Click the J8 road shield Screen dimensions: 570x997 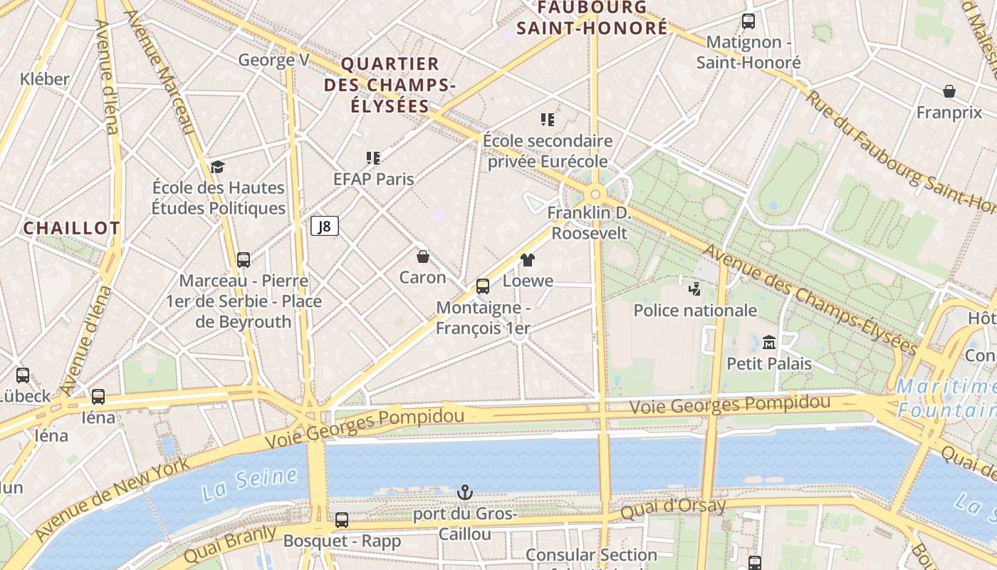(324, 227)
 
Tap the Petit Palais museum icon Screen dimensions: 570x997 (768, 343)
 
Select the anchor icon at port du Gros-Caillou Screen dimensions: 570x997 (464, 492)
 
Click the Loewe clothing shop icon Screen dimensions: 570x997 (527, 260)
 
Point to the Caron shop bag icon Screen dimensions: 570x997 (423, 256)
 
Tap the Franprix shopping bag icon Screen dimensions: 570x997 (949, 91)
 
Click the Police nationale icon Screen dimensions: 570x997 (694, 289)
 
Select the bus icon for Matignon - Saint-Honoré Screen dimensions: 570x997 (748, 21)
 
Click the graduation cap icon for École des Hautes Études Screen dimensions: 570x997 (217, 167)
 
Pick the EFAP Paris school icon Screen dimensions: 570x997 (373, 157)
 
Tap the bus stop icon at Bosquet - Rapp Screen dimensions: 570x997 (342, 520)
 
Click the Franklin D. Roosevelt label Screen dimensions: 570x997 (589, 223)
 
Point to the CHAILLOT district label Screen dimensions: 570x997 (71, 228)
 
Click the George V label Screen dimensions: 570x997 (273, 60)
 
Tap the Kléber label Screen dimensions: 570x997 (45, 79)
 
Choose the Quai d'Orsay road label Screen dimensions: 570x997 (673, 508)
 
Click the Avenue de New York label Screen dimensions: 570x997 (112, 498)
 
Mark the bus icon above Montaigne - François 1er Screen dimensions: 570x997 (483, 286)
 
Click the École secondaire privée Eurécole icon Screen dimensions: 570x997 (547, 120)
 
